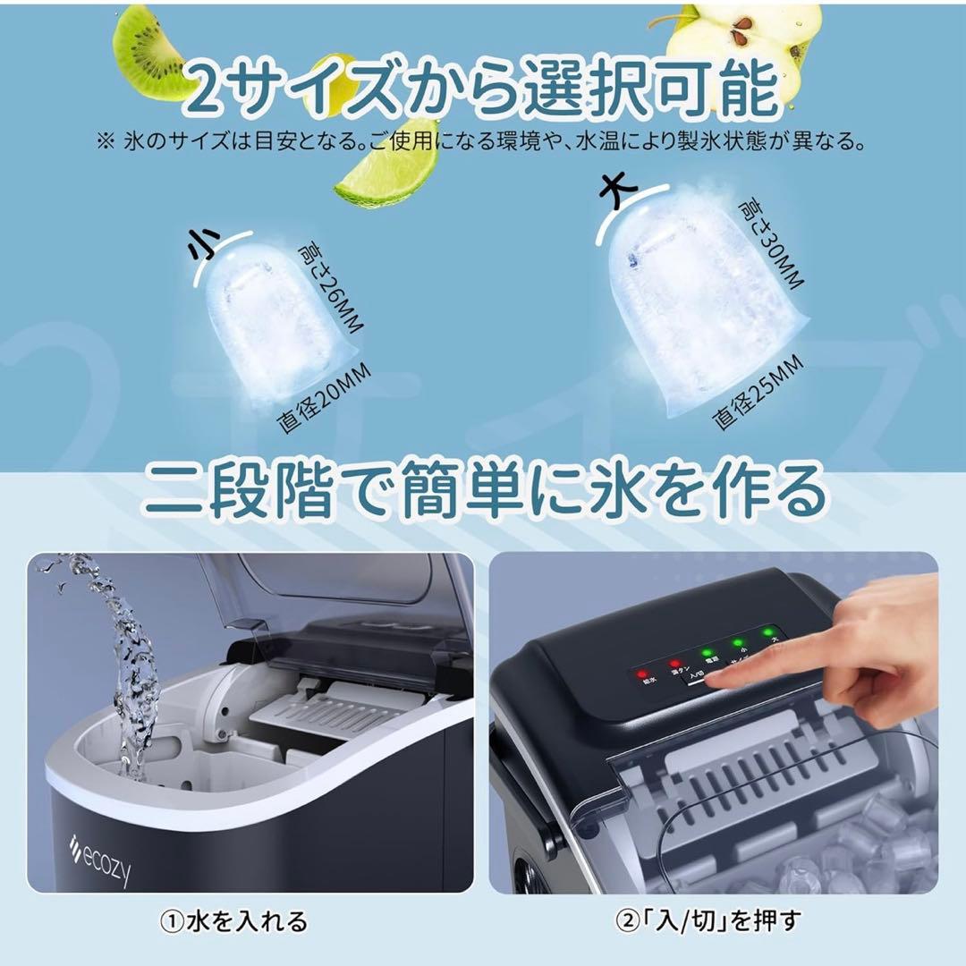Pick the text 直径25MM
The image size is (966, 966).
(x=758, y=394)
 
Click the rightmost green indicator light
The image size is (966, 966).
(x=767, y=633)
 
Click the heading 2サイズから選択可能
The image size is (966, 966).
(x=483, y=85)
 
